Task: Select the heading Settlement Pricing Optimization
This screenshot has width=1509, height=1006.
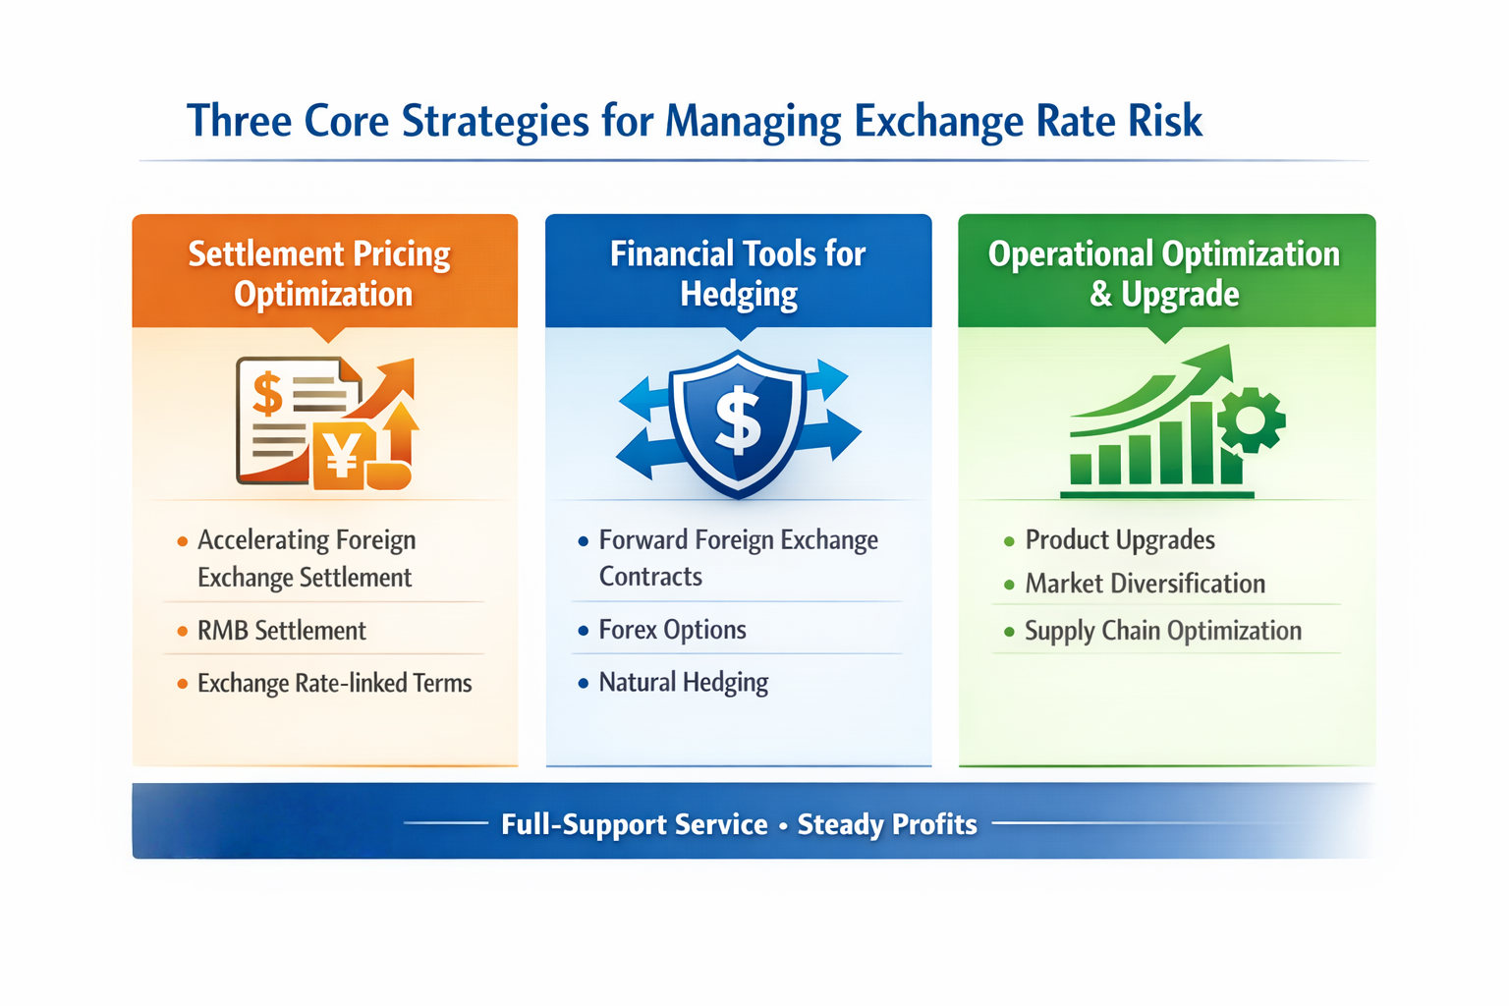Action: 320,273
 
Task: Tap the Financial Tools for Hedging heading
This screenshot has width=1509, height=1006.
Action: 738,273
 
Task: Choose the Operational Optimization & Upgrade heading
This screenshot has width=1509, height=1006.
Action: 1164,273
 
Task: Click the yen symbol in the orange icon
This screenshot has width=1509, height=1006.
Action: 342,454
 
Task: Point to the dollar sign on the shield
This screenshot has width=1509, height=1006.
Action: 739,419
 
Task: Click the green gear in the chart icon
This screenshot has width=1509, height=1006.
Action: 1251,420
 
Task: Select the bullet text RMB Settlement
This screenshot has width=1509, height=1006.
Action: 282,631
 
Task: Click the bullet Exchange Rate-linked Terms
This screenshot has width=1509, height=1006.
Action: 335,683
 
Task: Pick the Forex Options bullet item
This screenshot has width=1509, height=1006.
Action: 672,630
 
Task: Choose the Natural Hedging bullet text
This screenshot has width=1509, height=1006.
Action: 684,683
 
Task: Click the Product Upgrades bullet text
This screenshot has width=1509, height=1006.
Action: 1120,539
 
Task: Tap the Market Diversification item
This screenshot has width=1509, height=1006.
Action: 1146,584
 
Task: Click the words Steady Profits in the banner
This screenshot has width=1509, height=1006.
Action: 887,824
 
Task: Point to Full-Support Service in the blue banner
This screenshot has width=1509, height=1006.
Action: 635,824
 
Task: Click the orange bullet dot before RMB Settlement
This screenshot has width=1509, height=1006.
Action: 182,632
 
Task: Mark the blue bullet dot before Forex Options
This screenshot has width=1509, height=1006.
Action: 584,631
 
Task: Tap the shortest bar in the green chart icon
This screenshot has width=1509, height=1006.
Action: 1081,469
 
